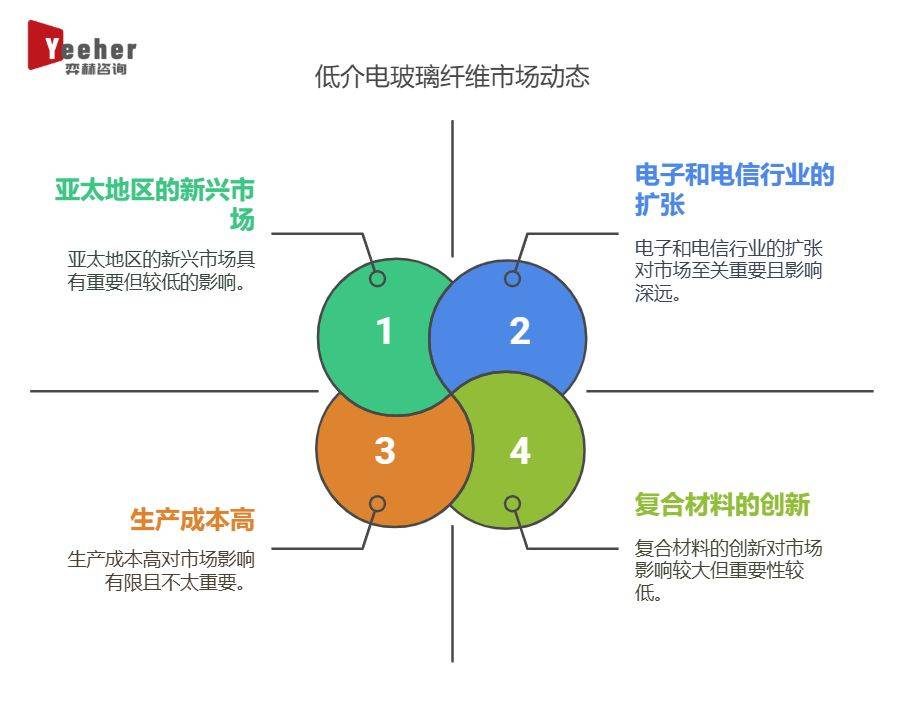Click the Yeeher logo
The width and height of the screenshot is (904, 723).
[x=82, y=47]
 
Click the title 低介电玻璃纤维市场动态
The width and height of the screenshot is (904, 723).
[x=452, y=77]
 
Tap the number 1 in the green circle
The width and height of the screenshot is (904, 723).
[x=385, y=331]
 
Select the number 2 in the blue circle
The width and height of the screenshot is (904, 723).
[x=520, y=331]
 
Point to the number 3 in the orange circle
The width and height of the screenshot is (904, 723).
[x=385, y=451]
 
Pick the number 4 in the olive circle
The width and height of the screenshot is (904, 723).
[x=520, y=451]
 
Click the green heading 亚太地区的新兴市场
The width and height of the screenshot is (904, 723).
[x=155, y=205]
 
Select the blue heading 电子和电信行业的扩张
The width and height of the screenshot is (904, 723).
[x=734, y=190]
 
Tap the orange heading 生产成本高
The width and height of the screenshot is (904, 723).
[x=192, y=519]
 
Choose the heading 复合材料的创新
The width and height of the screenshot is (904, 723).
[x=722, y=504]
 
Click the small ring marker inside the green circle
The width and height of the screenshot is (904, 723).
[x=377, y=278]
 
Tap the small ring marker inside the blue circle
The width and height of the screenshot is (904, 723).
[x=512, y=278]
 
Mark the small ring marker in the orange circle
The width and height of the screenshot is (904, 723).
[x=377, y=503]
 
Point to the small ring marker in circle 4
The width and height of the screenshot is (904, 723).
[x=512, y=503]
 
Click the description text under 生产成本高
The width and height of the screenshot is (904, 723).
[x=161, y=571]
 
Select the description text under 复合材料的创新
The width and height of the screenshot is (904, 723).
[x=728, y=570]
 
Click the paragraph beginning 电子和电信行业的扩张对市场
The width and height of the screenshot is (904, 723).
[x=728, y=270]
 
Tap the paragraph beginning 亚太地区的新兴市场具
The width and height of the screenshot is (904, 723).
[x=161, y=271]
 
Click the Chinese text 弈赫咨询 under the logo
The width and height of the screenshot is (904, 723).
[x=95, y=69]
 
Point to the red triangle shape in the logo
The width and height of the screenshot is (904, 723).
[x=42, y=45]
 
